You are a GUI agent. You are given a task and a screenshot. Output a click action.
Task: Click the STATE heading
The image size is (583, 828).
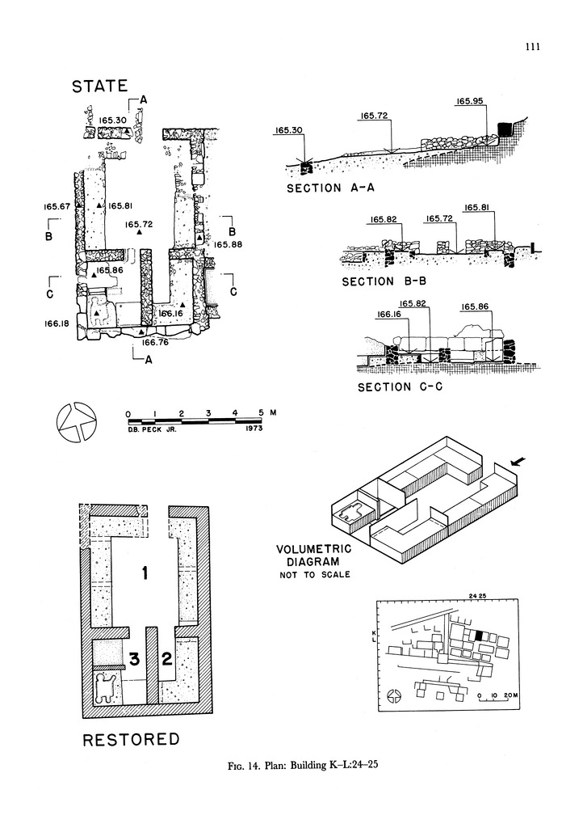[x=100, y=86]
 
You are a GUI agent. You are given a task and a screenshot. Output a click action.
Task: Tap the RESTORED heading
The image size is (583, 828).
[x=131, y=739]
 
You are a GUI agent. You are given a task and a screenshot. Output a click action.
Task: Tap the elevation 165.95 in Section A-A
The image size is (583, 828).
[x=469, y=102]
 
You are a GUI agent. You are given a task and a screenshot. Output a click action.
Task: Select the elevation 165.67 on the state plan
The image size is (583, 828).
[x=58, y=207]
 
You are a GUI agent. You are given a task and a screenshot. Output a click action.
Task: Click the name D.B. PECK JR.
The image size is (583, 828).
[x=151, y=429]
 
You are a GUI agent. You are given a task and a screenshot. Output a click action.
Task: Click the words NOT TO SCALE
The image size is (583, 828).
[x=308, y=574]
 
